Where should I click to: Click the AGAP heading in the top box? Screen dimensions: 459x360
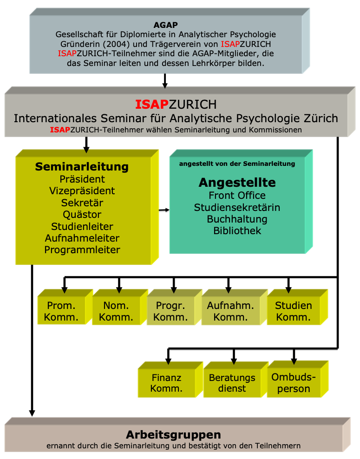pyautogui.click(x=165, y=25)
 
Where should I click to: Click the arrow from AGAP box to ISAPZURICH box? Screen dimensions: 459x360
pyautogui.click(x=165, y=81)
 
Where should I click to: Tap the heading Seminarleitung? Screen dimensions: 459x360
pyautogui.click(x=82, y=166)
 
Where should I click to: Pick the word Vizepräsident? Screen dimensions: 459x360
pyautogui.click(x=82, y=190)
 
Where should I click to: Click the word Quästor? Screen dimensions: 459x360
pyautogui.click(x=82, y=214)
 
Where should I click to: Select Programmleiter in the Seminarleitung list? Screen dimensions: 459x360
pyautogui.click(x=82, y=249)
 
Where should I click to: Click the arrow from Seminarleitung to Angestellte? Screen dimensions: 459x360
pyautogui.click(x=164, y=210)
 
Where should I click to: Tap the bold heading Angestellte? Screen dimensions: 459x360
pyautogui.click(x=237, y=182)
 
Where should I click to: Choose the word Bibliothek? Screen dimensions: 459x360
pyautogui.click(x=237, y=230)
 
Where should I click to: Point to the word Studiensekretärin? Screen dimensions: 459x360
pyautogui.click(x=237, y=207)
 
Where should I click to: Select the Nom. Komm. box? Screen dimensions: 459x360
pyautogui.click(x=116, y=311)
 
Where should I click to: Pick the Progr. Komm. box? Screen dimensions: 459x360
pyautogui.click(x=170, y=311)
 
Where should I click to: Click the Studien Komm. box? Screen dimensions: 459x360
pyautogui.click(x=293, y=311)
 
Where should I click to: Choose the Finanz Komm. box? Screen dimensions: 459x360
pyautogui.click(x=166, y=383)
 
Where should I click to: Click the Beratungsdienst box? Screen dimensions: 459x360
pyautogui.click(x=232, y=383)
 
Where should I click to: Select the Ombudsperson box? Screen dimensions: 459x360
pyautogui.click(x=293, y=383)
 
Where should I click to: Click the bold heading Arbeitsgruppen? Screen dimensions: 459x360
pyautogui.click(x=173, y=435)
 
